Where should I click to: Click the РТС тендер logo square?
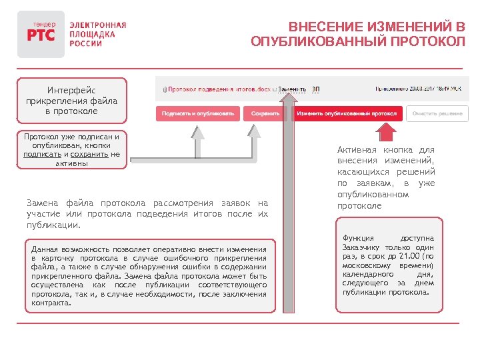click(x=41, y=34)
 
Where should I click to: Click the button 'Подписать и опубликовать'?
click(x=198, y=113)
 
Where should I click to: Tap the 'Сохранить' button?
click(x=265, y=113)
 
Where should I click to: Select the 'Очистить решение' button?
click(x=437, y=113)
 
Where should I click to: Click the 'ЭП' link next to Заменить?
click(x=316, y=89)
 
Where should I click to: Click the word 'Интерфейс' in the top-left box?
click(x=71, y=90)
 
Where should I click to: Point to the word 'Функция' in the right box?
click(x=359, y=238)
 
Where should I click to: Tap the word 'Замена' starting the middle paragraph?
click(x=41, y=203)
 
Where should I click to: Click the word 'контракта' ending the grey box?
click(x=50, y=303)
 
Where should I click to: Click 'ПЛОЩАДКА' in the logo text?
click(x=93, y=34)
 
